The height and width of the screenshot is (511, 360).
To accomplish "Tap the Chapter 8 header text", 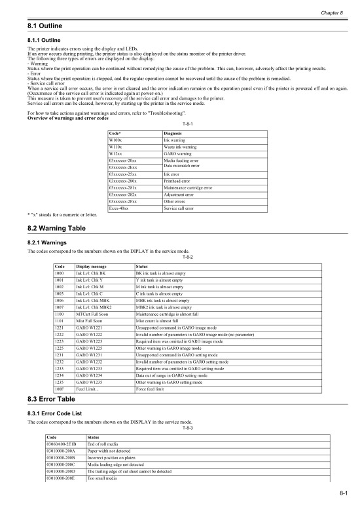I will click(334, 12).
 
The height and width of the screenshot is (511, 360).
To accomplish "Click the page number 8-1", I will click(344, 501).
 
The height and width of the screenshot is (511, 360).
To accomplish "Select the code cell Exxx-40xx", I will click(118, 208).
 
